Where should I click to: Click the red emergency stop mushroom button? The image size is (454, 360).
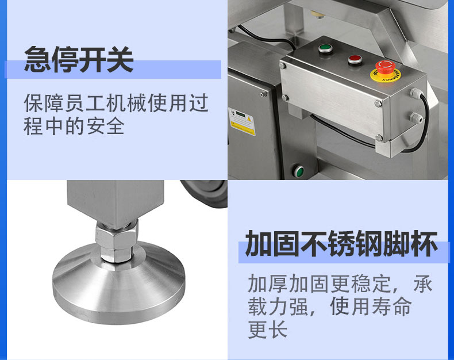pyautogui.click(x=385, y=67)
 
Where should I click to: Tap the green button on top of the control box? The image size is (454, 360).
pyautogui.click(x=325, y=48)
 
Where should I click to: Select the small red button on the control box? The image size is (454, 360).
pyautogui.click(x=355, y=60)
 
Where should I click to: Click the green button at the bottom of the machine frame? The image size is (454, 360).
pyautogui.click(x=299, y=171)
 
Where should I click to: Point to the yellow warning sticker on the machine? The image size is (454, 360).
pyautogui.click(x=242, y=122)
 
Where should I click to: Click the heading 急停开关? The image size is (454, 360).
pyautogui.click(x=79, y=59)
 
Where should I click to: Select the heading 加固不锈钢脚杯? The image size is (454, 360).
pyautogui.click(x=341, y=244)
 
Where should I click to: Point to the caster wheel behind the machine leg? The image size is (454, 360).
pyautogui.click(x=206, y=193)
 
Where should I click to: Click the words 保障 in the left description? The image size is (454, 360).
pyautogui.click(x=43, y=103)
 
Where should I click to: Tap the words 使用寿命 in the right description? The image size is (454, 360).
pyautogui.click(x=371, y=307)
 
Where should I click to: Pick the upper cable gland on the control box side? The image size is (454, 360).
pyautogui.click(x=415, y=93)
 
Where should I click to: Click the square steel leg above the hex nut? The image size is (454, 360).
pyautogui.click(x=116, y=202)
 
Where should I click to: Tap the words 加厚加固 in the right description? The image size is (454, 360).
pyautogui.click(x=288, y=284)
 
